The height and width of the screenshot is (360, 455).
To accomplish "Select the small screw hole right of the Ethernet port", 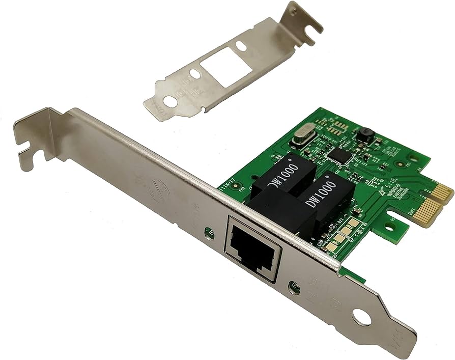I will click(x=293, y=288).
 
